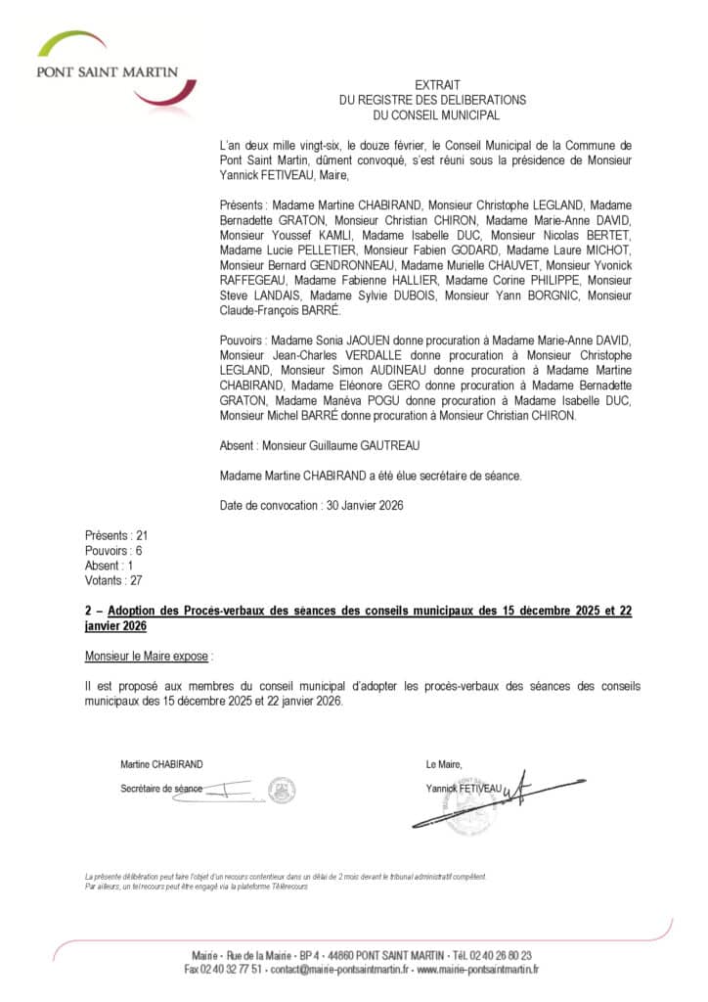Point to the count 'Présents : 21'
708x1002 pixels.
pos(115,536)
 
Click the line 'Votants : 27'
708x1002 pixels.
pos(113,580)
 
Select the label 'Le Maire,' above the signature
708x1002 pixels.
pos(444,764)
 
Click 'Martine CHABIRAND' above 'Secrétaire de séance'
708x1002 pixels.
pos(161,764)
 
